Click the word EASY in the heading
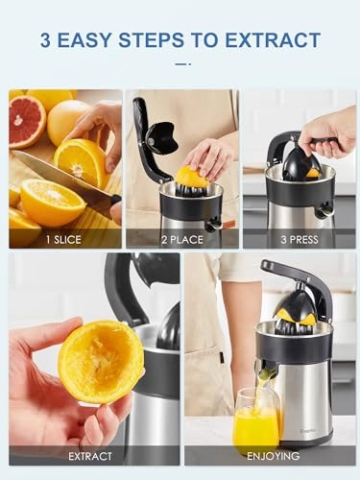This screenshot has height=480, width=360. click(96, 40)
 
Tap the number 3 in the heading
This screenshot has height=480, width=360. click(47, 40)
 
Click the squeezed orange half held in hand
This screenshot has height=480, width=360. click(100, 361)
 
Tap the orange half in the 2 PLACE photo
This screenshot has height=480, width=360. click(191, 176)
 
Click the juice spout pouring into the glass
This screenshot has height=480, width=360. click(267, 371)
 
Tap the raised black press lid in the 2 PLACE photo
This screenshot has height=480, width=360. click(154, 134)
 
